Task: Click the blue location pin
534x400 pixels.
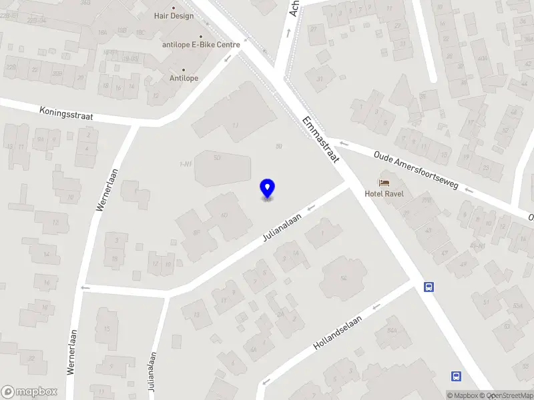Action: point(267,189)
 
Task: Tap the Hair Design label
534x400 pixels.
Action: point(174,16)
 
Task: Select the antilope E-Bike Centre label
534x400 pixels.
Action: point(201,45)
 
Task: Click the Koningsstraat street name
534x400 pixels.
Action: point(66,113)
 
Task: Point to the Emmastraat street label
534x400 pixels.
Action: point(321,140)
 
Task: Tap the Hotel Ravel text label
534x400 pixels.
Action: point(384,194)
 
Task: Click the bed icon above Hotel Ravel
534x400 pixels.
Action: point(384,182)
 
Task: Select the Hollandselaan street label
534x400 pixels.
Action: point(337,333)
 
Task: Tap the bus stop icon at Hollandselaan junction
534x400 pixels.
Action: point(429,287)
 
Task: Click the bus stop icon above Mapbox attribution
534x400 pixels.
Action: point(457,377)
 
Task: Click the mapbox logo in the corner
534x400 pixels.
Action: point(29,391)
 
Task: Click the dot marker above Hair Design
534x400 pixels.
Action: point(174,8)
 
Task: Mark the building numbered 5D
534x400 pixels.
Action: point(217,159)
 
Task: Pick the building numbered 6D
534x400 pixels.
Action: point(224,215)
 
